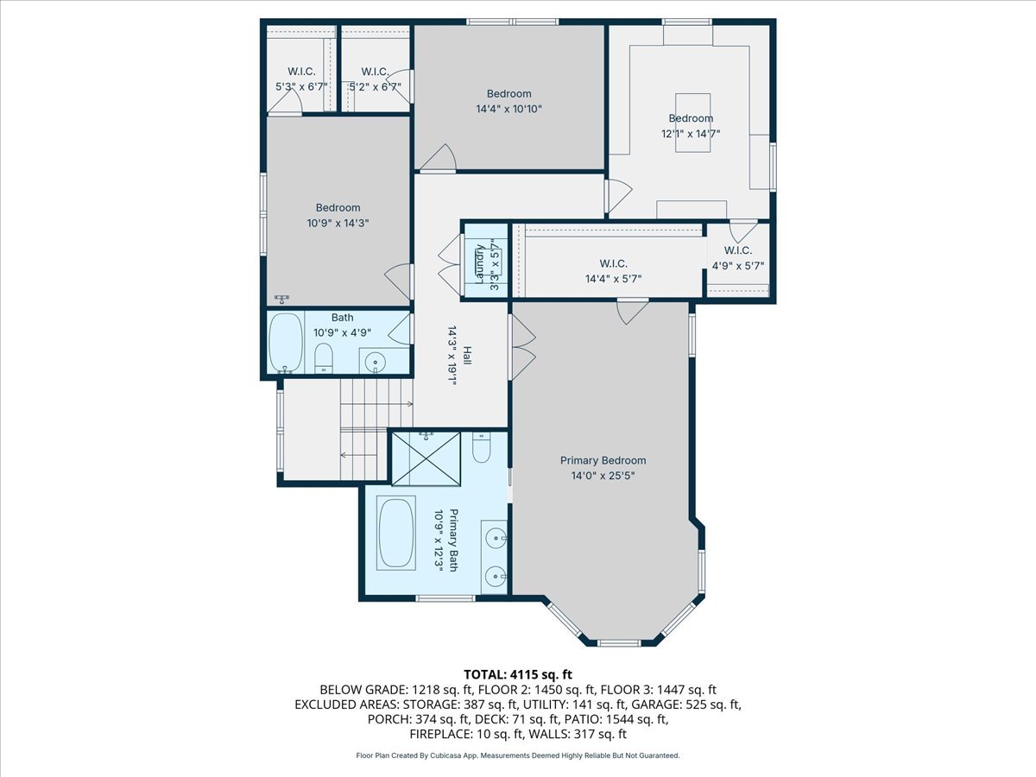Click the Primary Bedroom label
tap(603, 460)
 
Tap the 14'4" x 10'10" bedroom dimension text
tap(509, 109)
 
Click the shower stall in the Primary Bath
tap(427, 459)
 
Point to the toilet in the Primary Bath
tap(482, 447)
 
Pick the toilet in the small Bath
tap(324, 357)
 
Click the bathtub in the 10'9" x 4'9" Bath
tap(285, 343)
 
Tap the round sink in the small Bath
tap(374, 361)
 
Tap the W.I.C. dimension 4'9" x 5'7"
tap(737, 266)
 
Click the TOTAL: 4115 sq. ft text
tap(518, 673)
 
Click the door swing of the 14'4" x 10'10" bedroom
tap(441, 156)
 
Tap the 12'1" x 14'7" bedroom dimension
tap(691, 133)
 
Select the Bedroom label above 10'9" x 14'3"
tap(338, 207)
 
